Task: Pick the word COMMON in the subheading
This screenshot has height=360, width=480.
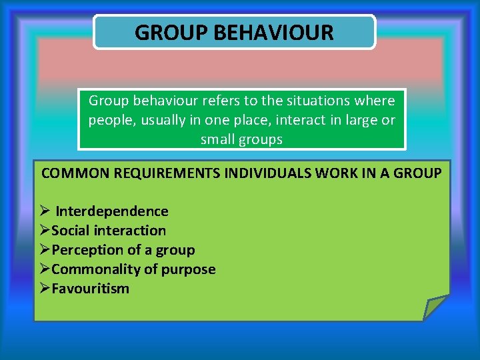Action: (73, 173)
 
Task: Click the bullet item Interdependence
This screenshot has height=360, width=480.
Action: (111, 211)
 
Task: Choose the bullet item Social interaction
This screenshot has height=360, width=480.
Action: (109, 231)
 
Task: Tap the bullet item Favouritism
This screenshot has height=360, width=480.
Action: (90, 289)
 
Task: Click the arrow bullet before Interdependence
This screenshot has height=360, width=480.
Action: (45, 211)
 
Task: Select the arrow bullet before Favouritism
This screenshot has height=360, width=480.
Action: (45, 289)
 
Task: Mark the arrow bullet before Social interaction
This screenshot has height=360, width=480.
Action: (45, 231)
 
